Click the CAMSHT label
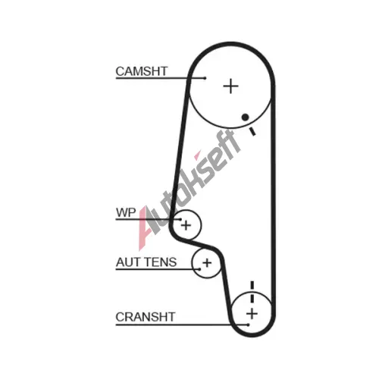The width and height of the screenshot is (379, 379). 142,71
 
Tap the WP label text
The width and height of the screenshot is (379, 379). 126,212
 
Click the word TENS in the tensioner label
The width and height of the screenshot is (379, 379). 161,262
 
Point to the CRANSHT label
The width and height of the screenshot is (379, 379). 146,317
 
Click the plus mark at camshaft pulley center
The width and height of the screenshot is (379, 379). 230,86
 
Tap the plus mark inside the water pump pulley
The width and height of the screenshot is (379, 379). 186,225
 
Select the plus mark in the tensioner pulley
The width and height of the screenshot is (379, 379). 207,263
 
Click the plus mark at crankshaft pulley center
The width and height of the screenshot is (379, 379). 252,314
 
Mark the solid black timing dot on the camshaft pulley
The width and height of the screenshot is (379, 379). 245,117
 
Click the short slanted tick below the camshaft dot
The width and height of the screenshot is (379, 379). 252,131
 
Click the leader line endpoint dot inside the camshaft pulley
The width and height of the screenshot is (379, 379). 205,78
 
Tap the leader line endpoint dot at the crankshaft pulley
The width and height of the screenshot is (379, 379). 249,324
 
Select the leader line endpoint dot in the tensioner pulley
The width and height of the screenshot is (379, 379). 199,269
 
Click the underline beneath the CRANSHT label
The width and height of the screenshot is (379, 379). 182,324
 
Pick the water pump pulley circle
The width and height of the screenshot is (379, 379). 201,225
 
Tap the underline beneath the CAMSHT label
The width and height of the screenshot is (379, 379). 160,78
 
